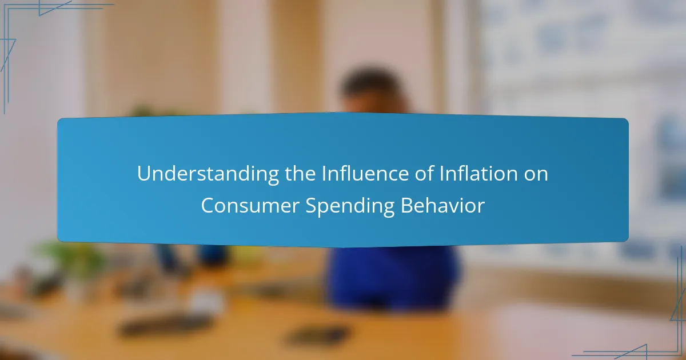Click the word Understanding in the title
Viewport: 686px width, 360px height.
click(x=208, y=174)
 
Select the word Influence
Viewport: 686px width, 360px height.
click(x=365, y=173)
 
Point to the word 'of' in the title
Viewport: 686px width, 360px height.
click(x=424, y=173)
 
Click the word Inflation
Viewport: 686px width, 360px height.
click(x=478, y=173)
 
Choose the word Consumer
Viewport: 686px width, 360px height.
click(x=250, y=205)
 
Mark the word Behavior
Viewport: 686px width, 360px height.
click(x=443, y=205)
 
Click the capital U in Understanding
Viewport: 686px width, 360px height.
click(x=144, y=174)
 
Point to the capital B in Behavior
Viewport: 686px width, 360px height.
click(x=406, y=205)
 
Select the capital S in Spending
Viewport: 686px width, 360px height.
click(x=311, y=205)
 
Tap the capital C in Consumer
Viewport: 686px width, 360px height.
click(x=208, y=205)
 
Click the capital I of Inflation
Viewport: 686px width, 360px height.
click(x=441, y=174)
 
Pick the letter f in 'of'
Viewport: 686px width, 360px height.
click(x=430, y=173)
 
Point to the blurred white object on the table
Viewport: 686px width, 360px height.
click(x=206, y=302)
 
